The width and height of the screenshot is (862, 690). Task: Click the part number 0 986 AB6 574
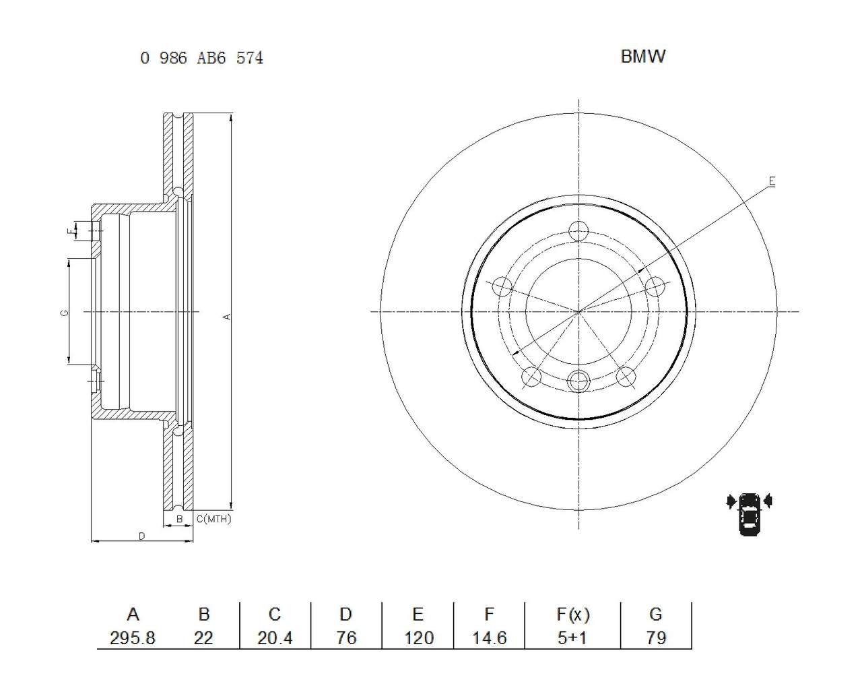201,58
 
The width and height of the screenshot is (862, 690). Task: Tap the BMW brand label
642,57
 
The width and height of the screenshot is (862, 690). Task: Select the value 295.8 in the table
132,637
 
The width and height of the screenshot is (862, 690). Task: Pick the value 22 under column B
203,637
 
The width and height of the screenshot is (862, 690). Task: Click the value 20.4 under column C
275,637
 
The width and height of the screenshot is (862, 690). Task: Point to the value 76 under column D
346,637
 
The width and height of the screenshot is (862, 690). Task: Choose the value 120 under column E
419,637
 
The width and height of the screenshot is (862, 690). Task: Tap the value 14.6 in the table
490,637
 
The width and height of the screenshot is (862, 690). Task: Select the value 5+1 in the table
572,637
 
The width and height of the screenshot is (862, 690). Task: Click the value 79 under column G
656,637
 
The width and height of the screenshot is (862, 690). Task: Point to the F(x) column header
573,615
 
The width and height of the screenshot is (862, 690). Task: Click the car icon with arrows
749,514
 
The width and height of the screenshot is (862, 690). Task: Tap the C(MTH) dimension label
214,519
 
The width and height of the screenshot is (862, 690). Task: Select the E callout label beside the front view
772,181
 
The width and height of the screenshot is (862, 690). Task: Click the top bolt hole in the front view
578,231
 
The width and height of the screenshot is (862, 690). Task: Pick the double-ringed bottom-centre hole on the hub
578,380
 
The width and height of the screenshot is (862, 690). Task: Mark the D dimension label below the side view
141,536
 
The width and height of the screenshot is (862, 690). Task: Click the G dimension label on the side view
64,313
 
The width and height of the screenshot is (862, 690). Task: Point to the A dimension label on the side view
228,317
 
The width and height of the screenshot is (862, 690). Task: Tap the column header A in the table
133,615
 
